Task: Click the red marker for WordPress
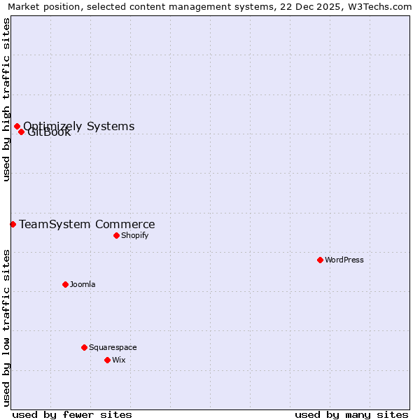(320, 260)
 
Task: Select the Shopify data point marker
(116, 235)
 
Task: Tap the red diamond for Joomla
(65, 284)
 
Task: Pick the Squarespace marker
(84, 347)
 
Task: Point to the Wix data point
(107, 360)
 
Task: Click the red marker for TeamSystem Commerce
(13, 224)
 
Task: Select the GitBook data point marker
(21, 132)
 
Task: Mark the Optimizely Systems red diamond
(17, 126)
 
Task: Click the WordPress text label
(344, 260)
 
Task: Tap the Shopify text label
(134, 235)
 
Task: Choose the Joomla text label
(83, 284)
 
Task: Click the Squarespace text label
(113, 347)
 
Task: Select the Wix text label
(119, 360)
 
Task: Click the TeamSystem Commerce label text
(87, 224)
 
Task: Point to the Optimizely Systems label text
(78, 126)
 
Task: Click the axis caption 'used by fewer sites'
(72, 414)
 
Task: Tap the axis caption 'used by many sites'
(351, 414)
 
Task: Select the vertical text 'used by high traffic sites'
(6, 99)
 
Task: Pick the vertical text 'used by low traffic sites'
(6, 328)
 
